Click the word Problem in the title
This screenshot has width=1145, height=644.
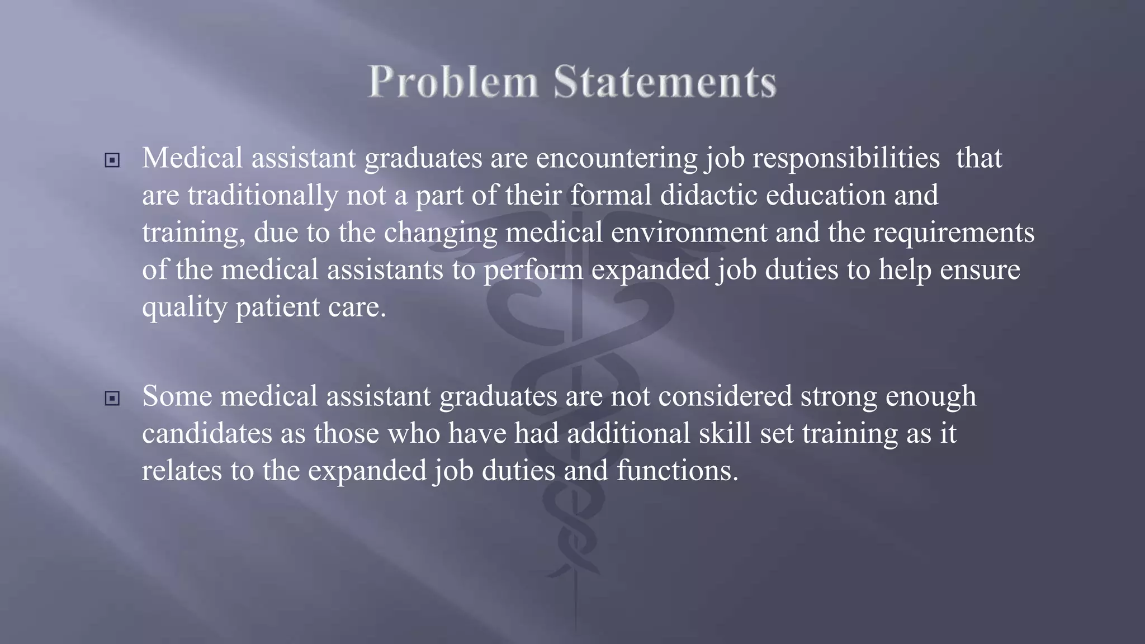point(453,82)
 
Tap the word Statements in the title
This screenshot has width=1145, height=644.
point(665,82)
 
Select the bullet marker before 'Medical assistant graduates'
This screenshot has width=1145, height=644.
point(112,161)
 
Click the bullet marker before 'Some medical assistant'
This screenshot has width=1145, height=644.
point(112,399)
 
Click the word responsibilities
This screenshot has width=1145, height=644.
point(846,158)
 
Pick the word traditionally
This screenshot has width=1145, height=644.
point(263,196)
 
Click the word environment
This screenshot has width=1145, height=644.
point(689,233)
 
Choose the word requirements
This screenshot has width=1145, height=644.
point(954,233)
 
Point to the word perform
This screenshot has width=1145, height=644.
point(533,270)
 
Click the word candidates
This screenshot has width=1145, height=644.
point(207,433)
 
